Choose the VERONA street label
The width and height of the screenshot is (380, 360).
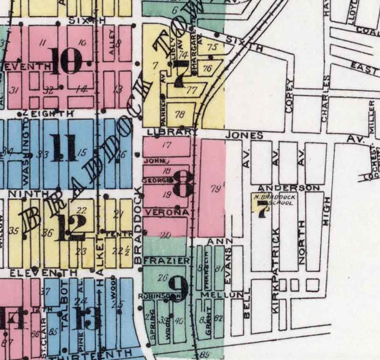(x=160, y=212)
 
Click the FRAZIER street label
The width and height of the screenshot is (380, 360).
(x=160, y=260)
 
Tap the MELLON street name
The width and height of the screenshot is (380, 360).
(x=222, y=295)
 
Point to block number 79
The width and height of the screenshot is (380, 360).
(x=215, y=188)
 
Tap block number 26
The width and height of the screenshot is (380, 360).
(x=163, y=278)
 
